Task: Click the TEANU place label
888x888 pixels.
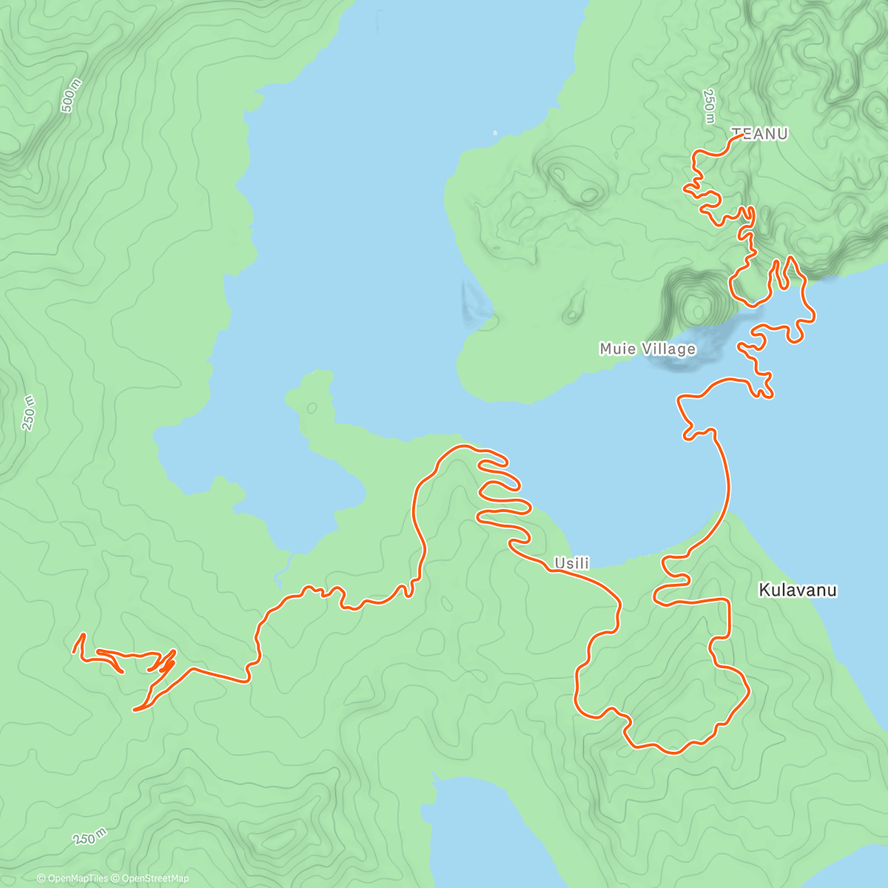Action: pos(760,134)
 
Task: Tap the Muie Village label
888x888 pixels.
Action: pos(647,349)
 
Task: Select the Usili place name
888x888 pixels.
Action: pos(572,563)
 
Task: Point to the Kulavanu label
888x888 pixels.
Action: pos(797,590)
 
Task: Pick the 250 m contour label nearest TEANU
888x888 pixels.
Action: pos(708,107)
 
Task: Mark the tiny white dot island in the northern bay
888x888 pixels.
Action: pos(495,133)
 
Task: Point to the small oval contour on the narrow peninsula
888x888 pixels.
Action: pos(312,408)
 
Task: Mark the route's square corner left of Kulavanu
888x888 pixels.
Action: pos(730,601)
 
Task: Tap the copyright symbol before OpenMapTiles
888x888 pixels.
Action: pos(41,878)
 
